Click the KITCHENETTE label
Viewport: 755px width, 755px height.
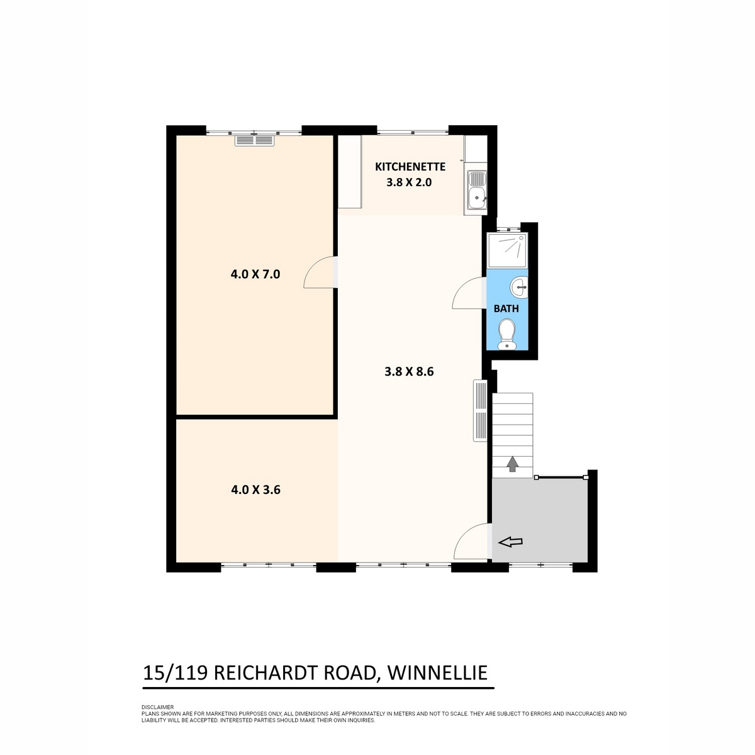pyautogui.click(x=410, y=167)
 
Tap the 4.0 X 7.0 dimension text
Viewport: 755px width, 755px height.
pyautogui.click(x=255, y=274)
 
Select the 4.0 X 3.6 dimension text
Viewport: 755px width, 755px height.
pyautogui.click(x=255, y=489)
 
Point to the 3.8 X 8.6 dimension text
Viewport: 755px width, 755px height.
pyautogui.click(x=409, y=371)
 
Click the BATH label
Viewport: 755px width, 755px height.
pyautogui.click(x=506, y=309)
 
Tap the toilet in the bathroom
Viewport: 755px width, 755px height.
pyautogui.click(x=506, y=334)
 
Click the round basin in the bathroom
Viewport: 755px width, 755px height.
pyautogui.click(x=519, y=287)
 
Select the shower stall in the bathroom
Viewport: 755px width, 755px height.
pyautogui.click(x=507, y=250)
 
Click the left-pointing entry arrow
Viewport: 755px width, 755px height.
pyautogui.click(x=510, y=542)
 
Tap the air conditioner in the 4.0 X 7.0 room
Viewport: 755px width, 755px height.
pyautogui.click(x=255, y=141)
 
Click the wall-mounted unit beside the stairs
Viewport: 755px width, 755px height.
pyautogui.click(x=480, y=411)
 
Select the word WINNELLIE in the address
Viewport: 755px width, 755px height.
pyautogui.click(x=437, y=673)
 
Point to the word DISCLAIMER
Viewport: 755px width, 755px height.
pyautogui.click(x=157, y=707)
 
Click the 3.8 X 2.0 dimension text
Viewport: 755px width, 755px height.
pyautogui.click(x=409, y=182)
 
